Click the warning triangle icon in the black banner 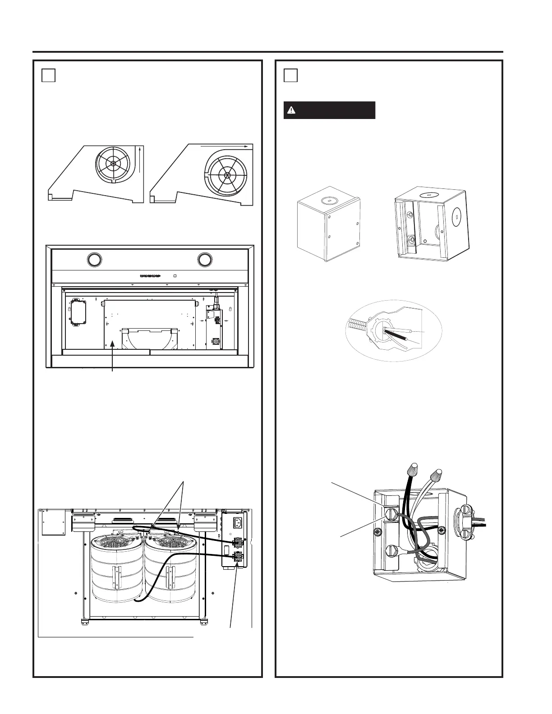point(291,110)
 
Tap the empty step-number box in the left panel point(49,75)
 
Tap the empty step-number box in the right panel point(291,75)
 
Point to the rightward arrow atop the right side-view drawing point(224,146)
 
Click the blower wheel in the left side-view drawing point(113,164)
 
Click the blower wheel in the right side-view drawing point(227,174)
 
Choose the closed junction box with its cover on point(328,229)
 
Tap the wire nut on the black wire point(412,471)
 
